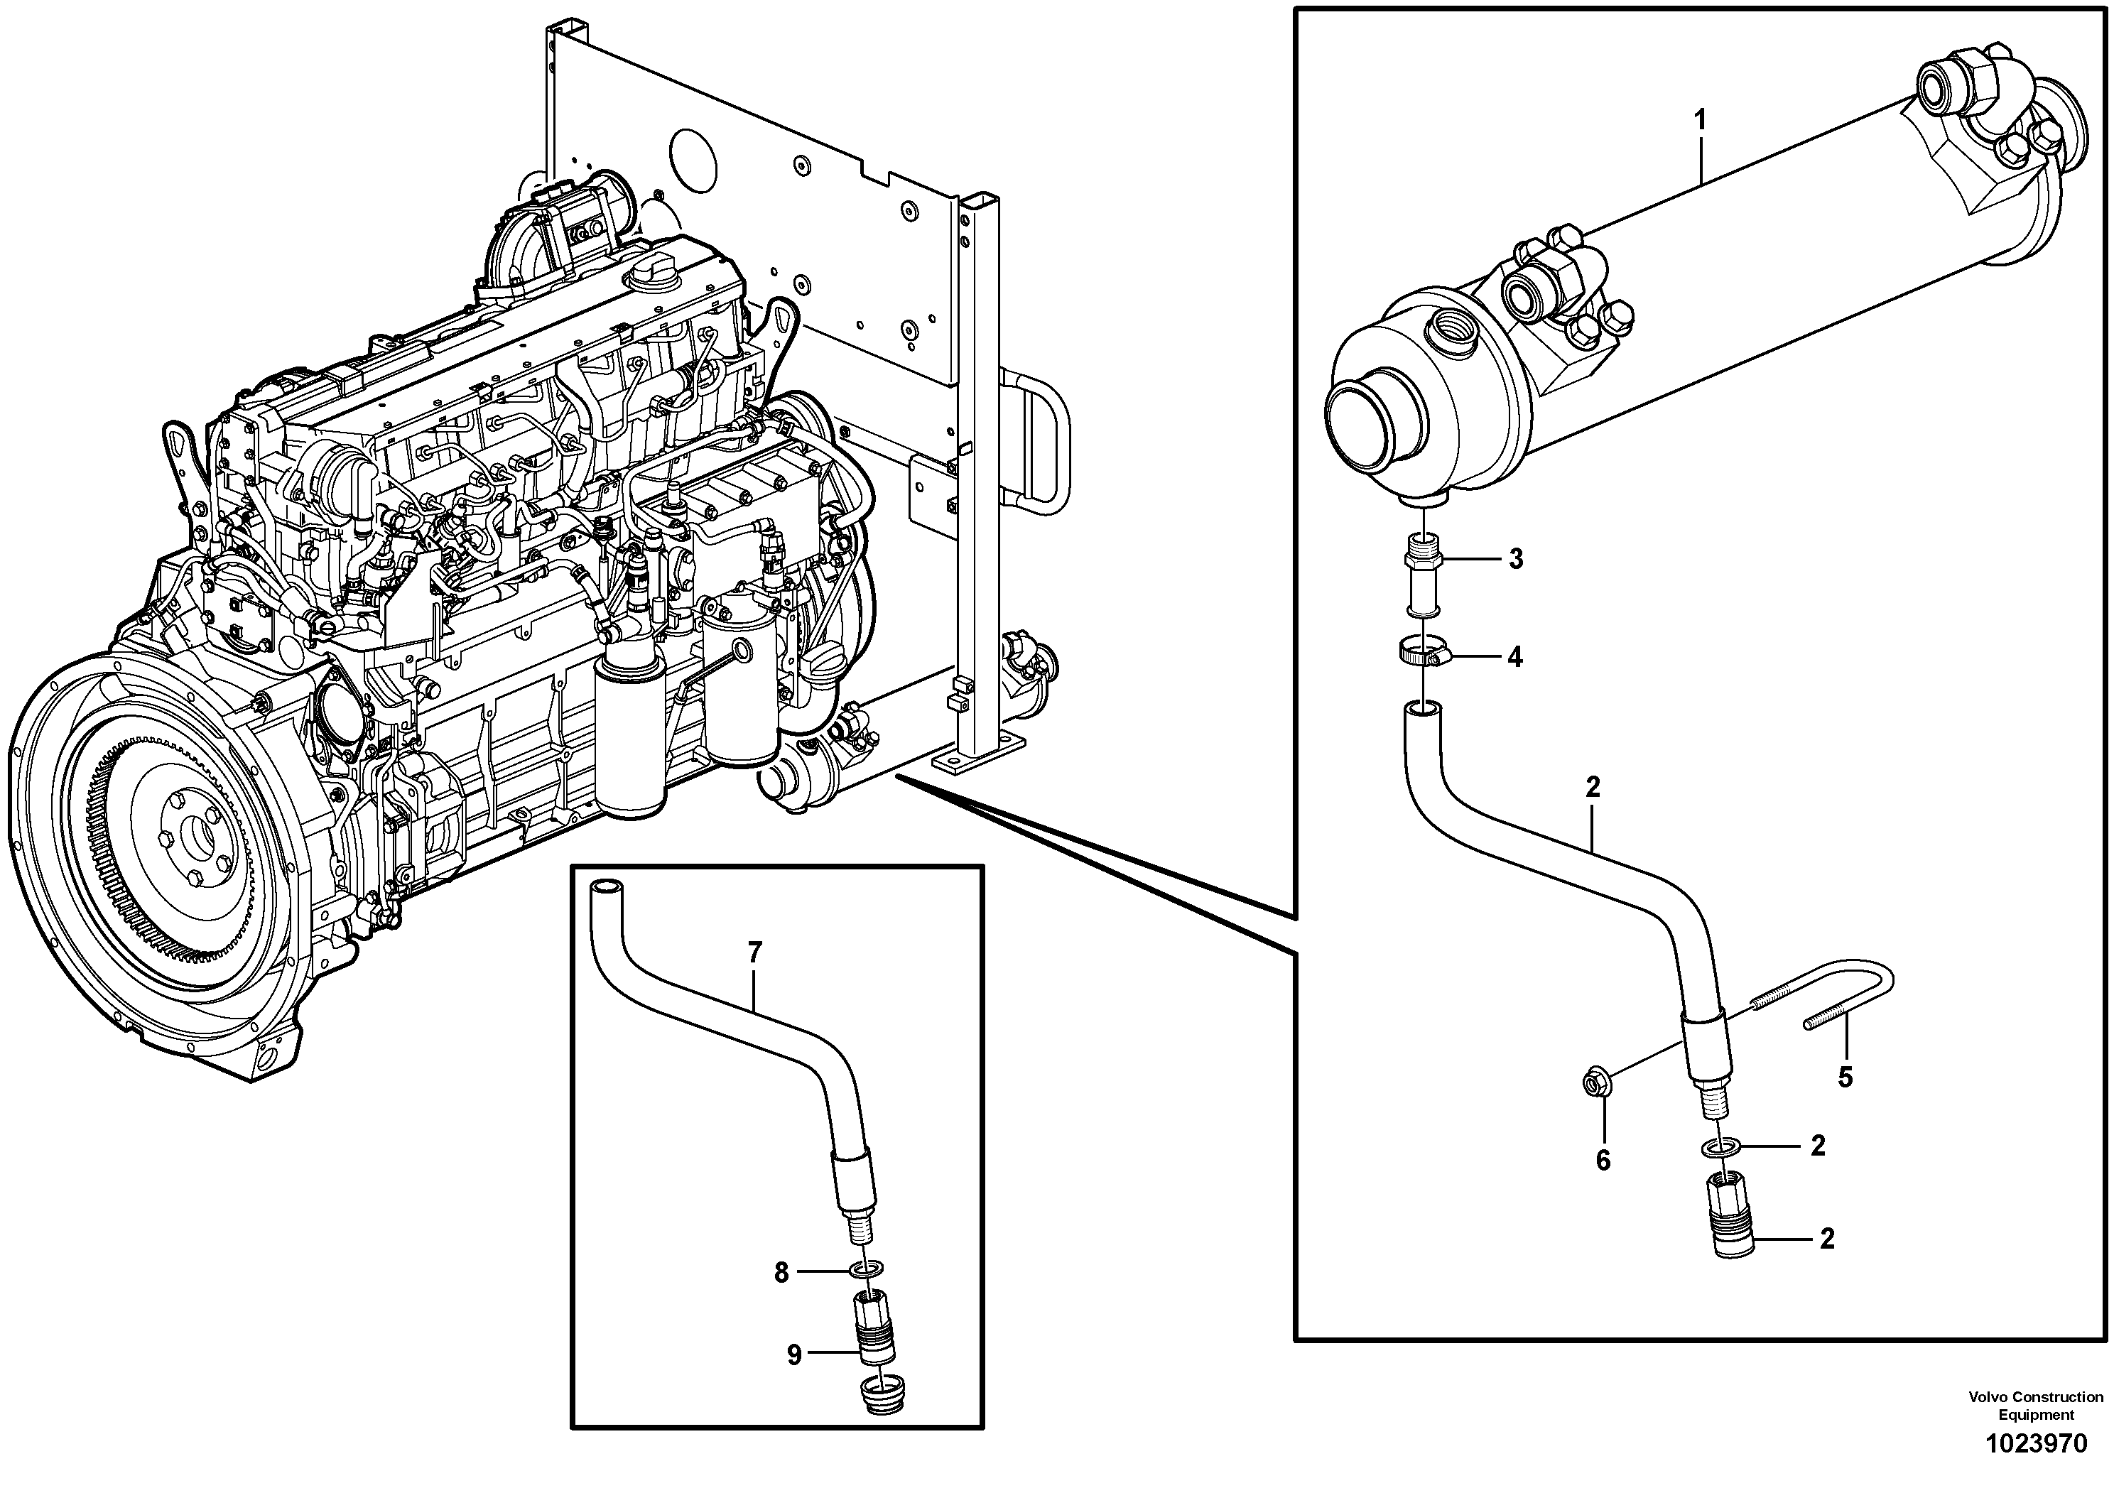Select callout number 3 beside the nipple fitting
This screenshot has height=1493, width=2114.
point(1514,559)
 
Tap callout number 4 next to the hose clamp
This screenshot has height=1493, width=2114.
point(1514,657)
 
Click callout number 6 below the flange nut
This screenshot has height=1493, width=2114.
point(1603,1161)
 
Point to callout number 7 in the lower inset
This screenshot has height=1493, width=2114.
point(755,954)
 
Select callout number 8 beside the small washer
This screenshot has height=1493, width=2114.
point(781,1273)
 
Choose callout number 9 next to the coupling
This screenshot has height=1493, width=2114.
point(793,1355)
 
